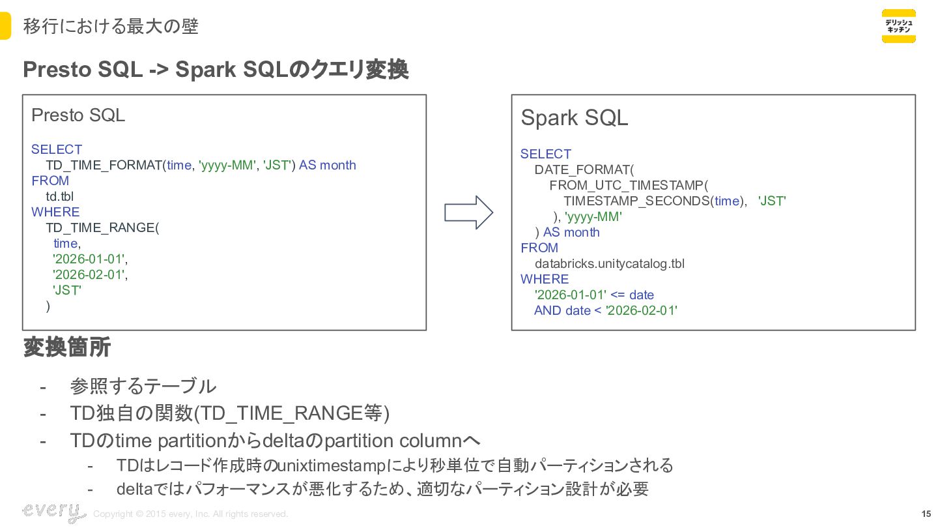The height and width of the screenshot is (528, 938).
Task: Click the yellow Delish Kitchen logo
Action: point(898,26)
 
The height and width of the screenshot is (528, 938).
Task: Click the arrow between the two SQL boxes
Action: point(468,213)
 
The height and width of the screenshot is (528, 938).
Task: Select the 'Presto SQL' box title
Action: point(78,115)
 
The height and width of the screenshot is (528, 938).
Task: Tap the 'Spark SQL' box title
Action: point(574,118)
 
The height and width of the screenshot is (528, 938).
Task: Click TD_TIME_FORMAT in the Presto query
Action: point(104,166)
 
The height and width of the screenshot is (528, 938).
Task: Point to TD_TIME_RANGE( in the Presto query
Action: point(102,228)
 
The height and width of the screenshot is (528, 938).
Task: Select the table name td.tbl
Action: point(60,197)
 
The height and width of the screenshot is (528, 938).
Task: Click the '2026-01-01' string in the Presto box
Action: point(89,259)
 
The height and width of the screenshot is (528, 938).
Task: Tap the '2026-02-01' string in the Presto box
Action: point(89,275)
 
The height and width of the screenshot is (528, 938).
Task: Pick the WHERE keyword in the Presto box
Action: point(55,213)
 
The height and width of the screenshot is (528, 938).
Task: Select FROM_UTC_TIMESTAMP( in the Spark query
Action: point(629,186)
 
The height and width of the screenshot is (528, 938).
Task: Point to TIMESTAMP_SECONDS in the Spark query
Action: point(635,201)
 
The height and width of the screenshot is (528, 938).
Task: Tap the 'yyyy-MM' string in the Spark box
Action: point(593,217)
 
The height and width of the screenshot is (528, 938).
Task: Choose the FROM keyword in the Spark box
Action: point(539,248)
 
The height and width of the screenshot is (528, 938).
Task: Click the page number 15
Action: point(926,514)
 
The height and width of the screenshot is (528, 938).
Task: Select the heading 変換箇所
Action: point(67,347)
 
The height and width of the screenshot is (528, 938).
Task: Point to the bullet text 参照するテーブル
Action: point(143,386)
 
